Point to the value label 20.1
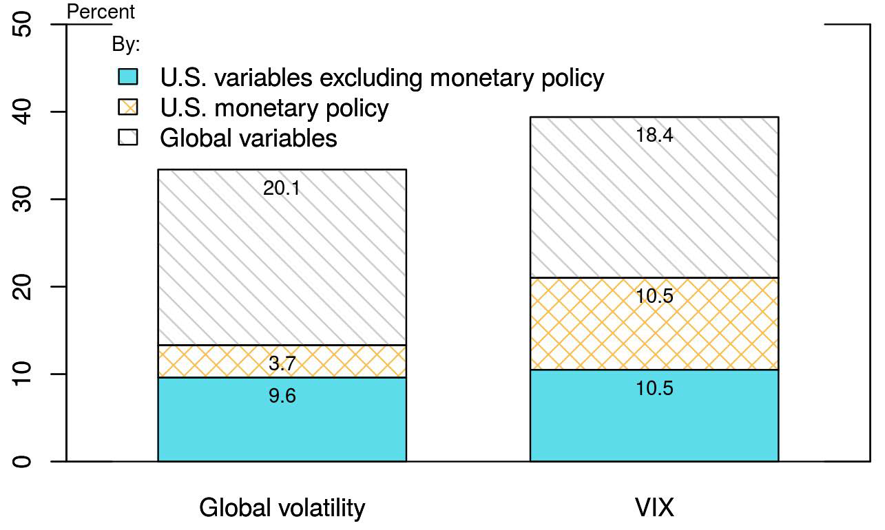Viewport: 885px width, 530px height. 282,188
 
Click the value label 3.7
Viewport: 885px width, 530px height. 282,363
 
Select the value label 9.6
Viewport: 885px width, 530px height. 282,396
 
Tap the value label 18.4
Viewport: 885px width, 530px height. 654,135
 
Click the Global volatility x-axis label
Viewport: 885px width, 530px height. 282,508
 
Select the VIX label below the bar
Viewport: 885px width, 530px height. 654,508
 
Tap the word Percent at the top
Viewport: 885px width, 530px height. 101,12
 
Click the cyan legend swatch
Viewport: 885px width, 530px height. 128,77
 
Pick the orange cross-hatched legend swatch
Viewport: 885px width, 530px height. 128,107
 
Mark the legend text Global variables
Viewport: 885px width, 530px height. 249,138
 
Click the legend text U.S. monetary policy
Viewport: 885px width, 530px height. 274,108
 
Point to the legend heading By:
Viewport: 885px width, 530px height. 125,45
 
